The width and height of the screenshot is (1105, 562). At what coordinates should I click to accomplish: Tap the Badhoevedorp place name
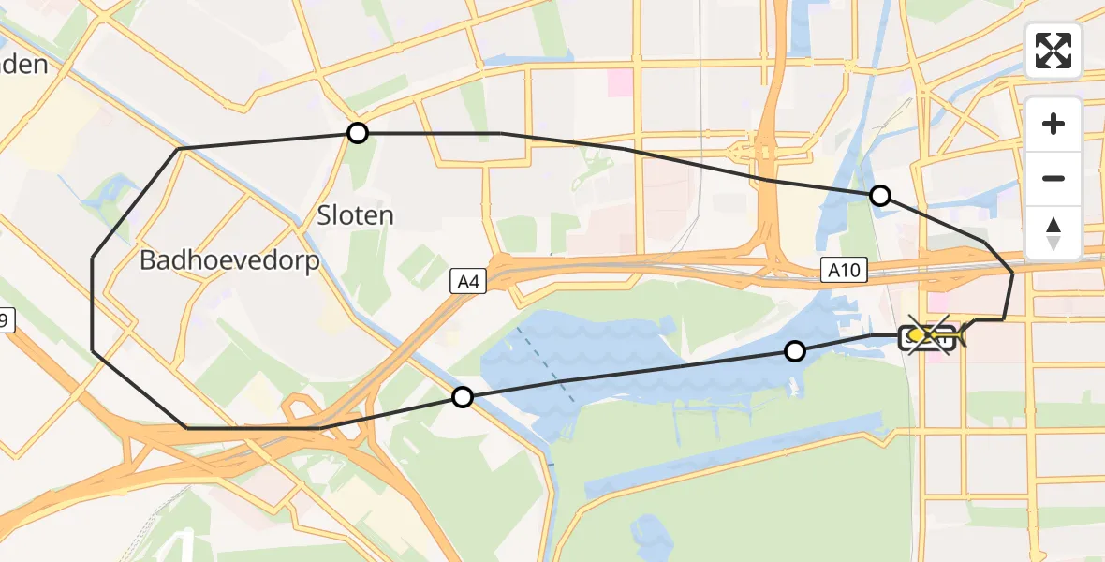[229, 260]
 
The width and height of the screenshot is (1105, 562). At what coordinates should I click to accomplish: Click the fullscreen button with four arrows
[1053, 51]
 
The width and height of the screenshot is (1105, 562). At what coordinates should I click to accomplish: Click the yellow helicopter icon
[927, 335]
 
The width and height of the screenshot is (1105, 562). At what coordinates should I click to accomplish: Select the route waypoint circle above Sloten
[357, 133]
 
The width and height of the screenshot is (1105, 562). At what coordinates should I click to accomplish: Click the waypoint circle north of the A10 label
[879, 196]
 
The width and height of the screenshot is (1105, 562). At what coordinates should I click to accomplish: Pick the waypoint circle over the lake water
[794, 351]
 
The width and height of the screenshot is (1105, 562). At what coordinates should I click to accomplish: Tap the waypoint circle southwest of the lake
[462, 397]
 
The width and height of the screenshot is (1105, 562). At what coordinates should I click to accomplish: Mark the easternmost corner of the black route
[1013, 273]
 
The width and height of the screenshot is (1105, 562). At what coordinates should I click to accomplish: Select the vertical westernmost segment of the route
[92, 304]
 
